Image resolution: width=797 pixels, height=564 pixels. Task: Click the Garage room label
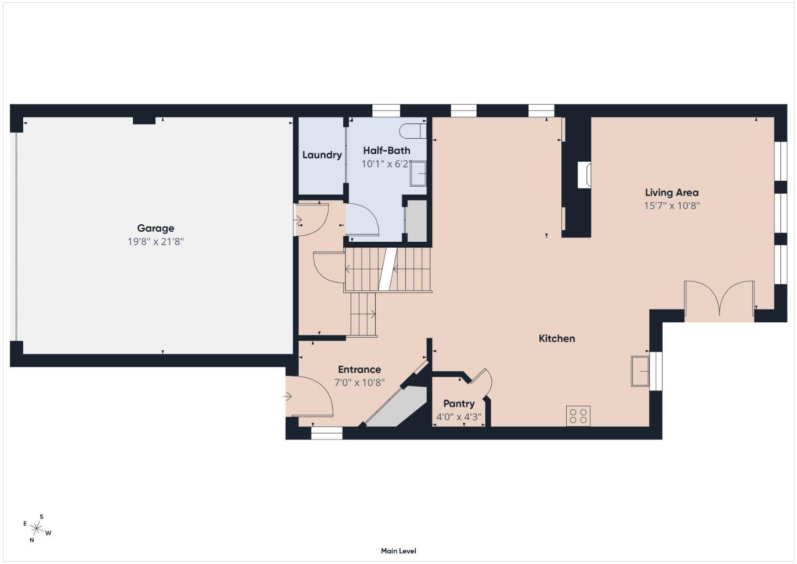point(155,228)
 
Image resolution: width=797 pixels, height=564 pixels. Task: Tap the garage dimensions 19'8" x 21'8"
point(155,241)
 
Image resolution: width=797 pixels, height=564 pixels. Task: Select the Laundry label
point(322,155)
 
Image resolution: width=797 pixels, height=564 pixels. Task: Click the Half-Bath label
point(386,150)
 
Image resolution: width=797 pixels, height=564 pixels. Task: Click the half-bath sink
point(418,173)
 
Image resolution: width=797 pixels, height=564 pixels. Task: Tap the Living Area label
point(671,192)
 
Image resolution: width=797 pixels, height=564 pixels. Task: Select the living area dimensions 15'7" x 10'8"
point(671,206)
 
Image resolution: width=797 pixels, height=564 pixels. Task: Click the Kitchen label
point(556,338)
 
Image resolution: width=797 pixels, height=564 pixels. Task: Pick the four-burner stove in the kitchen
point(578,416)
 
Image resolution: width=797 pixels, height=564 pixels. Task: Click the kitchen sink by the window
point(640,371)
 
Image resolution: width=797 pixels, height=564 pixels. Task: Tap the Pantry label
point(458,404)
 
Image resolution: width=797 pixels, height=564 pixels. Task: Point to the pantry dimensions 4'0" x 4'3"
point(458,417)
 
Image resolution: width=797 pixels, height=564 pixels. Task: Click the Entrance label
point(359,370)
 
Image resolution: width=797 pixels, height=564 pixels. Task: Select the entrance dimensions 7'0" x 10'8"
point(359,383)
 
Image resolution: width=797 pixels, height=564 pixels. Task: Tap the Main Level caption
point(398,551)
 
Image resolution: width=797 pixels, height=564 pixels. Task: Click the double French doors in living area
point(719,300)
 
